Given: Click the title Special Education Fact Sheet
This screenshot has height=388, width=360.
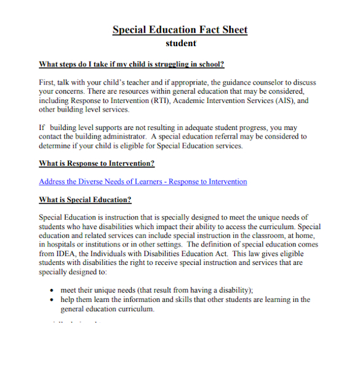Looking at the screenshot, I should pyautogui.click(x=180, y=30).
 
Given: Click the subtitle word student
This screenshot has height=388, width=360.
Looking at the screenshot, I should pyautogui.click(x=180, y=43).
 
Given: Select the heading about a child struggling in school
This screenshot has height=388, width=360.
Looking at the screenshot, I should pyautogui.click(x=131, y=64).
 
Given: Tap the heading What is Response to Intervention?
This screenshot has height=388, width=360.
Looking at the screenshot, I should pyautogui.click(x=97, y=163).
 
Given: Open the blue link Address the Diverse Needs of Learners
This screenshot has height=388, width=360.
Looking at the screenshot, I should pyautogui.click(x=143, y=182).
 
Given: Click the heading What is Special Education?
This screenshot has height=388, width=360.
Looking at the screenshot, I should pyautogui.click(x=85, y=200).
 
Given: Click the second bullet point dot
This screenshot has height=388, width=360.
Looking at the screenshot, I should pyautogui.click(x=51, y=300).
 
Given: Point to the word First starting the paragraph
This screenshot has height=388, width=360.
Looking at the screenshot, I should pyautogui.click(x=47, y=83).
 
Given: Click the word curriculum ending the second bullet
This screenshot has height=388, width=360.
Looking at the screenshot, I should pyautogui.click(x=132, y=309).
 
